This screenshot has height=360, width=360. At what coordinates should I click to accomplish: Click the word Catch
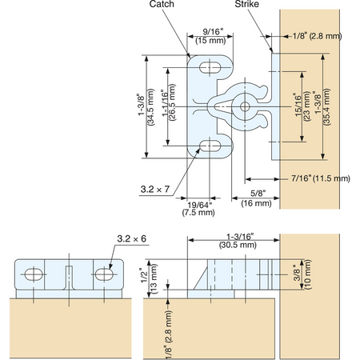tap(162, 4)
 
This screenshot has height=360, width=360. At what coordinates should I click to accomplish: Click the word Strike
tap(246, 4)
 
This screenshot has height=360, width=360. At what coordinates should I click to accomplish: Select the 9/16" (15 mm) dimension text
tap(210, 36)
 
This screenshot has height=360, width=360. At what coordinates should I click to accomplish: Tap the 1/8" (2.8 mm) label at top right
tap(317, 36)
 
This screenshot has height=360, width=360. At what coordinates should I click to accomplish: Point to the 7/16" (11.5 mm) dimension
tap(320, 178)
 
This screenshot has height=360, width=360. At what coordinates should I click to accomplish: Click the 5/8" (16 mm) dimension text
tap(256, 198)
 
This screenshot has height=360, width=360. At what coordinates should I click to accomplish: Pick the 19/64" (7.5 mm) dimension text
tap(198, 209)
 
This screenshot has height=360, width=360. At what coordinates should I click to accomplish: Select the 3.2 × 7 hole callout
tap(155, 190)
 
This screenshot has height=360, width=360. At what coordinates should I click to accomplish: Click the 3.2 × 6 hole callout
tap(132, 238)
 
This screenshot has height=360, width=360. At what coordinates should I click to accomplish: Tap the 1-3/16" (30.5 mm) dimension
tap(238, 241)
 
